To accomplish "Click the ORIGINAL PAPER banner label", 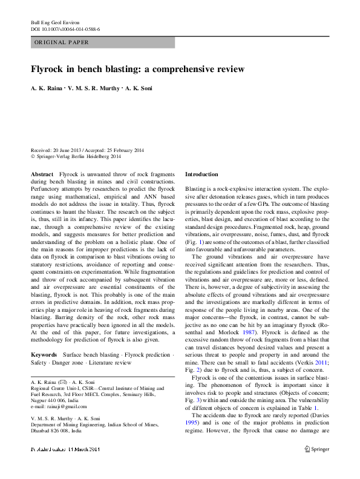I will tap(62, 42).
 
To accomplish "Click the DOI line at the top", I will tap(65, 28).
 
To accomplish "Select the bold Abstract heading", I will tap(42, 174).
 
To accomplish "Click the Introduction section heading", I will tap(201, 174).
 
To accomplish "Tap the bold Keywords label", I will tap(44, 353).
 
